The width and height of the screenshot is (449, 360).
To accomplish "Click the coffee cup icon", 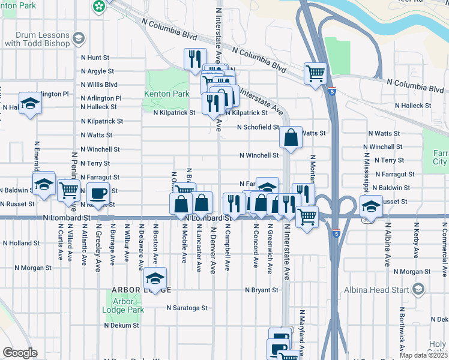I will point(98,193).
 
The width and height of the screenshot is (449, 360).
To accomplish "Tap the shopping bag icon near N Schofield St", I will point(291,137).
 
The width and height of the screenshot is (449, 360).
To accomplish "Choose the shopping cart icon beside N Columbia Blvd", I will point(315,73).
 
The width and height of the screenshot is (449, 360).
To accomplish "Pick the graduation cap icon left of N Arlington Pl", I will point(30,103).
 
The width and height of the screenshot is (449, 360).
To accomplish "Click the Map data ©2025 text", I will point(423,355).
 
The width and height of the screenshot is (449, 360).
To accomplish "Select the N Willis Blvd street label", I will point(99,85).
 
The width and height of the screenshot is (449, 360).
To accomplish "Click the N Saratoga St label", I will point(187,308).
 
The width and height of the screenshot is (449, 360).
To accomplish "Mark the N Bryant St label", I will point(261,290).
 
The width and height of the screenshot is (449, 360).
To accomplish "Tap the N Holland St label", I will point(21,244).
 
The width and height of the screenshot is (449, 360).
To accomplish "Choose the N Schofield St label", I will point(258,127).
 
